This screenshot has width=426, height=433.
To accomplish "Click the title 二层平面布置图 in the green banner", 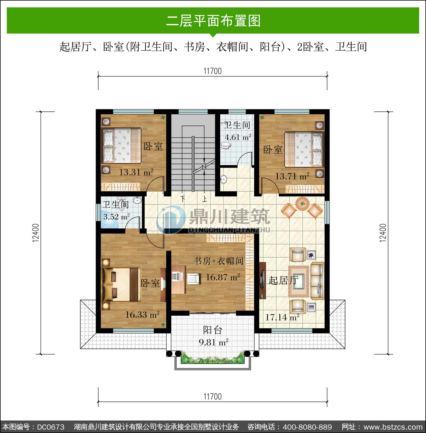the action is click(x=213, y=21).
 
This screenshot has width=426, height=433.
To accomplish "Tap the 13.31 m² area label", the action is click(x=136, y=172).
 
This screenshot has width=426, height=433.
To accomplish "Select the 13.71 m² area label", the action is click(x=292, y=176).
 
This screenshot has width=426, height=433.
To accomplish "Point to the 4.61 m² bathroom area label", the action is click(x=238, y=137).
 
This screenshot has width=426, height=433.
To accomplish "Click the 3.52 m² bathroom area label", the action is click(x=117, y=217).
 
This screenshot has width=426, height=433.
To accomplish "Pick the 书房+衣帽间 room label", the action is click(x=219, y=261).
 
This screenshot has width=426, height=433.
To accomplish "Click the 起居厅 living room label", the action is click(x=283, y=280).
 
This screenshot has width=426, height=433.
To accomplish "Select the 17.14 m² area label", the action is click(x=282, y=317).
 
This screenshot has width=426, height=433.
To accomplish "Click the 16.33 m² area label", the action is click(x=142, y=314).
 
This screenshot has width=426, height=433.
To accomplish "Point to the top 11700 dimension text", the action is click(x=212, y=71).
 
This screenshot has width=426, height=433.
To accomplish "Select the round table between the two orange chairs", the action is click(x=302, y=204).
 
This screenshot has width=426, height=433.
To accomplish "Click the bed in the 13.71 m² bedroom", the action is click(x=304, y=149).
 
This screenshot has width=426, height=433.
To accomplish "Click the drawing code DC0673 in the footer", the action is click(x=51, y=427).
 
